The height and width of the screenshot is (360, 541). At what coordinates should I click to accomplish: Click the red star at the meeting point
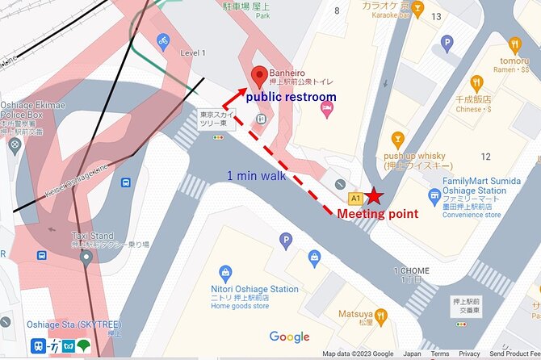[374, 196]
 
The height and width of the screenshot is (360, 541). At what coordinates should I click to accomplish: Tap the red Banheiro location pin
[258, 77]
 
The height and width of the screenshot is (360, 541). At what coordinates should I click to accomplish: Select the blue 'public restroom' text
[291, 97]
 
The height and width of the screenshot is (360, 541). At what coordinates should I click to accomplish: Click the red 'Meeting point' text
[377, 214]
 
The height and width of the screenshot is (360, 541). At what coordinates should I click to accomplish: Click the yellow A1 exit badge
[354, 198]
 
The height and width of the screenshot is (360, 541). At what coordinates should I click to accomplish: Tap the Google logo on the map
[289, 337]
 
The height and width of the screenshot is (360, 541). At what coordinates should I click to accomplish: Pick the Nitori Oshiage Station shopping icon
[224, 272]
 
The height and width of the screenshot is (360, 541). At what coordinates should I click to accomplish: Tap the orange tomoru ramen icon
[514, 44]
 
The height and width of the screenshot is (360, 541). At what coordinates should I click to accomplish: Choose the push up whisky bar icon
[396, 140]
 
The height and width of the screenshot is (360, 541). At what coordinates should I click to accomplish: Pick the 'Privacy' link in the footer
[469, 354]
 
